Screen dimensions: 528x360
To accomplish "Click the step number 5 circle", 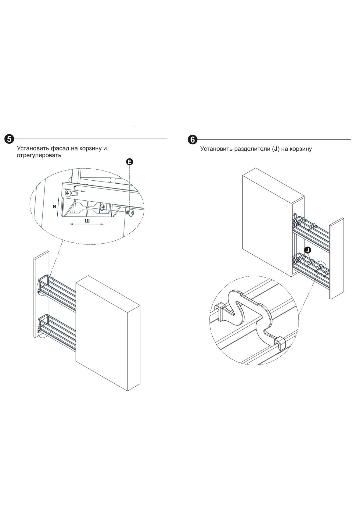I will click(x=9, y=139).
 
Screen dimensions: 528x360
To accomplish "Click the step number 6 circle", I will click(x=192, y=139).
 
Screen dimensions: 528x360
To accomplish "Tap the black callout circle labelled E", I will click(x=130, y=162).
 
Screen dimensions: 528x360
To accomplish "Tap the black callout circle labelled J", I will click(x=307, y=250).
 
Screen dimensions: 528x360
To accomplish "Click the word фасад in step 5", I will click(x=59, y=148).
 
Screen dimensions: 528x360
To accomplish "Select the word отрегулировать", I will click(x=39, y=155).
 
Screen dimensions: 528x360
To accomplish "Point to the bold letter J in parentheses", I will click(x=276, y=149).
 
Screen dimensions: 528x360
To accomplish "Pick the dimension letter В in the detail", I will click(x=55, y=207).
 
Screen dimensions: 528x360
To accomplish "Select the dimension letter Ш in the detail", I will click(x=87, y=221).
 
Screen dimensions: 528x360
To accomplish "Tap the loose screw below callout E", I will click(x=130, y=212).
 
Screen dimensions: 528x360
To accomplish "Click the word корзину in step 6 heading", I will click(x=300, y=149).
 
